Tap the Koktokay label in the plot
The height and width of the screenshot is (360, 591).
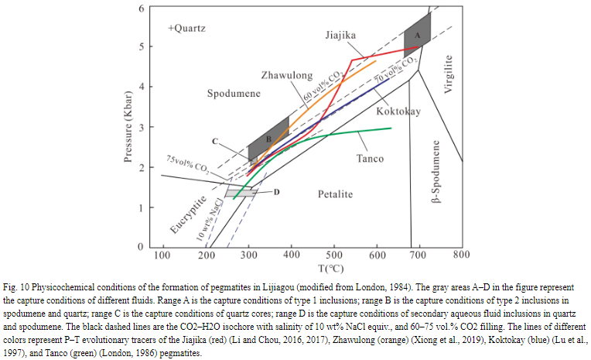click(398, 111)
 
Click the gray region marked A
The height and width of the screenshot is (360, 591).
click(417, 36)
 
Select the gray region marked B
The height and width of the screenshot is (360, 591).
click(268, 139)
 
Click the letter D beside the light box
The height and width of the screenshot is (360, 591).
click(276, 190)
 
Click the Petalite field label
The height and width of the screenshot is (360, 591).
click(336, 194)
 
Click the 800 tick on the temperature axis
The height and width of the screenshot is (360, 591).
click(462, 255)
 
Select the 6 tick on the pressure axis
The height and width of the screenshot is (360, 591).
click(142, 8)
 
